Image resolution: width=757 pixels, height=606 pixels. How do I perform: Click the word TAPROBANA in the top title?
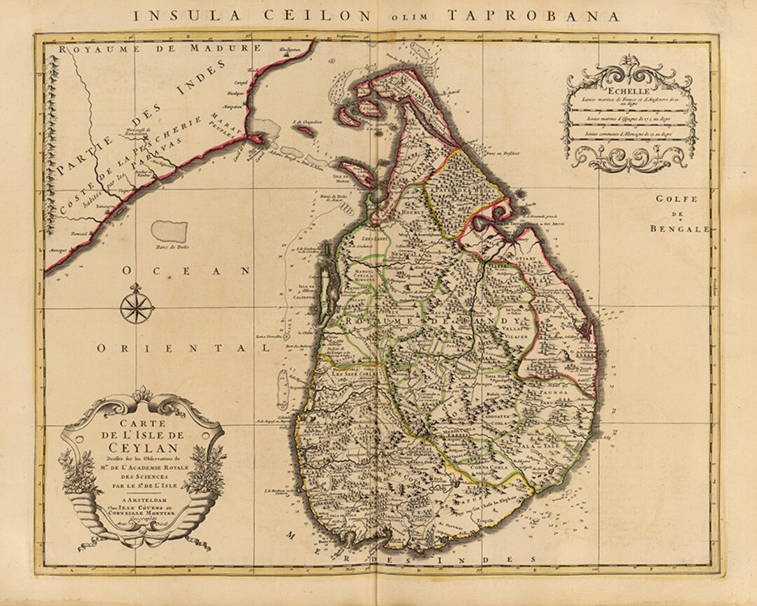(556, 14)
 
